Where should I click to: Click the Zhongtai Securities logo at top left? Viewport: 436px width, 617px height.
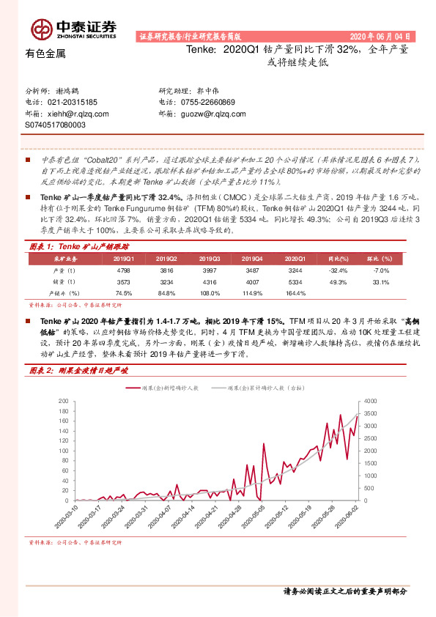click(73, 29)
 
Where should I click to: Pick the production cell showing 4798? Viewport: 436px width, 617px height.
click(123, 270)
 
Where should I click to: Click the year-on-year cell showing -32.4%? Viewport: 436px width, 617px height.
click(339, 270)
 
